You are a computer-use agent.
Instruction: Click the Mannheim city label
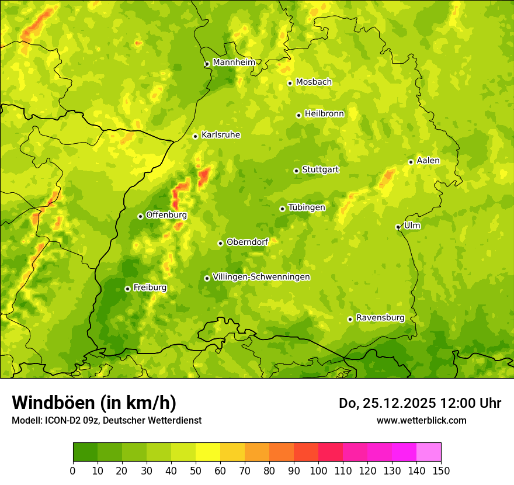pos(234,63)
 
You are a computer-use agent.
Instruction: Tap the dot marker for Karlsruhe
pos(196,136)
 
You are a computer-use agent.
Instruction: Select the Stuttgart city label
pos(320,169)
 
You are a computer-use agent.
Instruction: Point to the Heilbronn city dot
pos(298,115)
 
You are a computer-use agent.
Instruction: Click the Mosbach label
pos(314,82)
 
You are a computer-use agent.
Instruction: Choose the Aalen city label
pos(428,161)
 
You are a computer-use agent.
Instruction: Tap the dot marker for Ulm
pos(398,227)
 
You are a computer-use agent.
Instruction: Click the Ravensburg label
pos(380,318)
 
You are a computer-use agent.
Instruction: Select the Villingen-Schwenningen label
pos(261,277)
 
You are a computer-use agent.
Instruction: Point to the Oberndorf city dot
pos(220,243)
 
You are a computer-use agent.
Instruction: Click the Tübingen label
pos(307,207)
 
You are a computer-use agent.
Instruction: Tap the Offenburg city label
pos(166,215)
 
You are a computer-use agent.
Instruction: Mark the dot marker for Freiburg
pos(127,289)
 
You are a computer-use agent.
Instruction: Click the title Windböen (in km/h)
pos(94,403)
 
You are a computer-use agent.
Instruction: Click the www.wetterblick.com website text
pos(421,420)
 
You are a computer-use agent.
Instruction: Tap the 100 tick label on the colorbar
pos(318,471)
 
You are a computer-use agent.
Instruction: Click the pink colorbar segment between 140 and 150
pos(429,452)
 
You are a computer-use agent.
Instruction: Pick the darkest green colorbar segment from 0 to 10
pos(85,452)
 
